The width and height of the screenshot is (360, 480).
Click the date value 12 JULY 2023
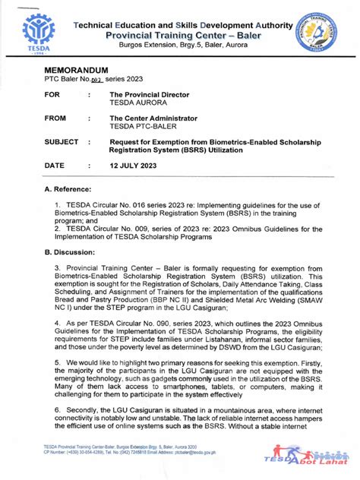click(x=140, y=165)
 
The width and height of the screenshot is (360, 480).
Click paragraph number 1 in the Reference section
click(x=57, y=205)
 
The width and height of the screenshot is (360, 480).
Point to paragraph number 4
click(x=57, y=322)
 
